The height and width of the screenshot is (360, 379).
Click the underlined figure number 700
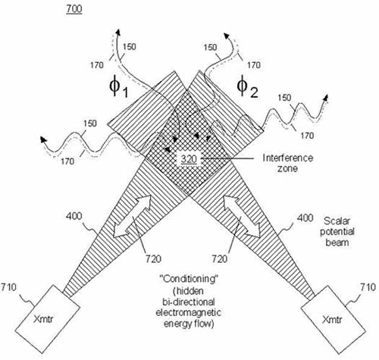74,9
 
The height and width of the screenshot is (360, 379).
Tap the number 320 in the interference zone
189,159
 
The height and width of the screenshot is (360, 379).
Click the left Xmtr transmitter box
48,319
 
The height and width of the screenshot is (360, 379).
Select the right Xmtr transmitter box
333,320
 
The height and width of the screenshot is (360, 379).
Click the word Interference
288,158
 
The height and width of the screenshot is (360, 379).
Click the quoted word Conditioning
189,279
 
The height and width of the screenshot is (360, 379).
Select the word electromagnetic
188,312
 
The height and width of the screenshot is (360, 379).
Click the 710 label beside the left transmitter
8,287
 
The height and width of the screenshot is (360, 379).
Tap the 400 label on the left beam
74,216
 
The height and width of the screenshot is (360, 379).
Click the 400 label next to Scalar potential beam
305,218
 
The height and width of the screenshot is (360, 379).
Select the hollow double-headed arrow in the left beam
132,217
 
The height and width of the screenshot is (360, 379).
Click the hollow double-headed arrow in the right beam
241,217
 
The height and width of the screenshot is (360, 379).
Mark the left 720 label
153,258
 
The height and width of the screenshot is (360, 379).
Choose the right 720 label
219,258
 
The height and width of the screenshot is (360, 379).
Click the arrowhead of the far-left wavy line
44,139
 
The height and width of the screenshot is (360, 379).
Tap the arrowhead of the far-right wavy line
327,98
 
